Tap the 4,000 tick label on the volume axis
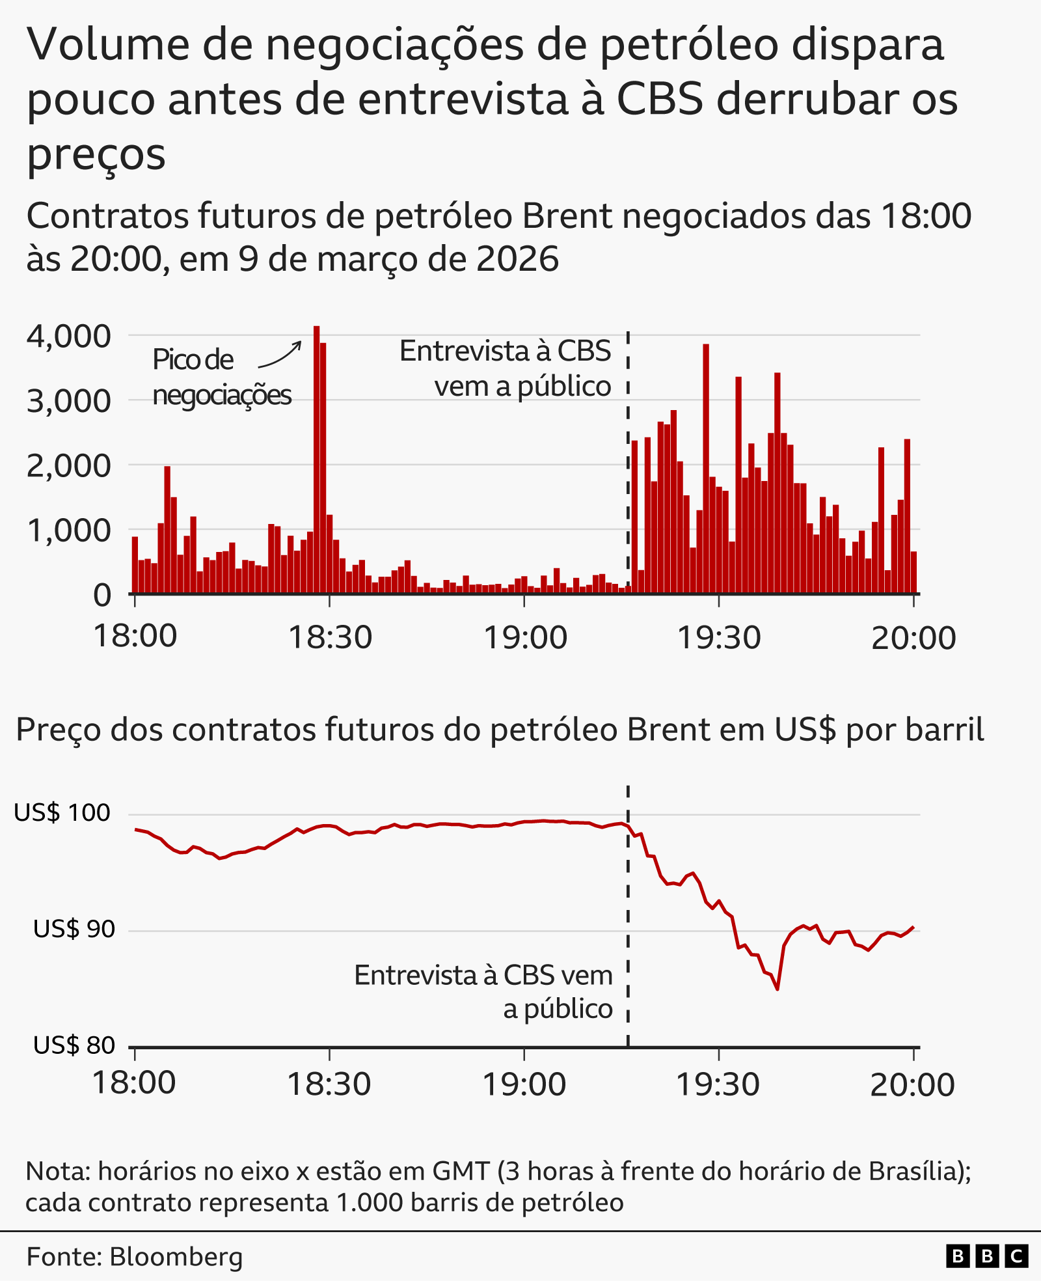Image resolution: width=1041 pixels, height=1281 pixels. (69, 337)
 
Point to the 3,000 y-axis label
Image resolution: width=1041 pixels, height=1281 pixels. (69, 401)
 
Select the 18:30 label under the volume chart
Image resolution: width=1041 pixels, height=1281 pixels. (330, 637)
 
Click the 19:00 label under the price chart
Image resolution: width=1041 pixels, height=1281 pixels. (524, 1084)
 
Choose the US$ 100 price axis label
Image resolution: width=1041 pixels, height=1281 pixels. (62, 813)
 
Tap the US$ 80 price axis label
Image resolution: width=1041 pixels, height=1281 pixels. (74, 1045)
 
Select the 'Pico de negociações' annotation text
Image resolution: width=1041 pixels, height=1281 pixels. (221, 377)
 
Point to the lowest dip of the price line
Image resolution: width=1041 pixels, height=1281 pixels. (777, 989)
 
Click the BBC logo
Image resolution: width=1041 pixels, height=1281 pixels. (986, 1256)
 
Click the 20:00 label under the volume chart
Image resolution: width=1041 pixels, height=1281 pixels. (913, 637)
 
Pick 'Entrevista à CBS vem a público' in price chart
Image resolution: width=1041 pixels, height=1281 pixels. (483, 991)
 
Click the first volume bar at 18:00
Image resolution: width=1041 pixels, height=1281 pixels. (135, 565)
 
